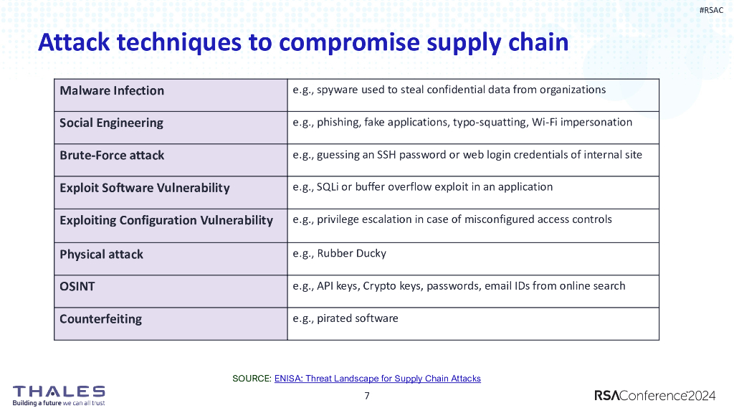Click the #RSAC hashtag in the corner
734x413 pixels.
(711, 10)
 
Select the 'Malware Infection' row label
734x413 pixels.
(112, 90)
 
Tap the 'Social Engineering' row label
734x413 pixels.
(111, 123)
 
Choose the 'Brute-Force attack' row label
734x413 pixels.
(112, 155)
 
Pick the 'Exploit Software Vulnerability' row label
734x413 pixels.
(145, 188)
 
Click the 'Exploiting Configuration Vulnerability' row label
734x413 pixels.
(166, 220)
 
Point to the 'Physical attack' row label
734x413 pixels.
(101, 254)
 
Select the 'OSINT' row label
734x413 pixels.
(77, 286)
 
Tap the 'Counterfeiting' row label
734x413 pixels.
(100, 318)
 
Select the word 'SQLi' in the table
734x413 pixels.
(328, 186)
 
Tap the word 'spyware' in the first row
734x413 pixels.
(338, 90)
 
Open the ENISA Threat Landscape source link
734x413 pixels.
(377, 379)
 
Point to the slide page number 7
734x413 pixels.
(367, 396)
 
